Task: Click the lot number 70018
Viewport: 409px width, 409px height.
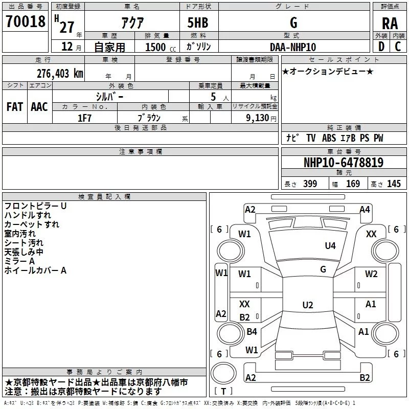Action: [25, 21]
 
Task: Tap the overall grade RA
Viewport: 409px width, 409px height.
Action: [390, 24]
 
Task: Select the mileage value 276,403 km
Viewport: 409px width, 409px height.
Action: [60, 74]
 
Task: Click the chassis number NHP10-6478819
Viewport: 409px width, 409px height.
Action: [344, 163]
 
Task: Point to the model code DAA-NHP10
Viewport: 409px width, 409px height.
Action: [293, 47]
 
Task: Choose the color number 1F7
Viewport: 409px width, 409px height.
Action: [84, 118]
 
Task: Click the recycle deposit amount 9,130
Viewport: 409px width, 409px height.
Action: [258, 118]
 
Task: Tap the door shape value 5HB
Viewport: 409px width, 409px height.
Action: [198, 22]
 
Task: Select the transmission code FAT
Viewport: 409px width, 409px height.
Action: [15, 107]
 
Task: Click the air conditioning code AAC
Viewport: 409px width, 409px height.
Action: [39, 107]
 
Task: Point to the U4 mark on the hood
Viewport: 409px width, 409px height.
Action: [330, 246]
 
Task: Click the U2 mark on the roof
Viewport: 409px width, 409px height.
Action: [308, 305]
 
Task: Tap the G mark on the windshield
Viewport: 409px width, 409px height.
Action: [323, 269]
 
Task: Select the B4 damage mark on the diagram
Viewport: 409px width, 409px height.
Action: [252, 332]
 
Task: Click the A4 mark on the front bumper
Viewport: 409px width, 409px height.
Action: [365, 210]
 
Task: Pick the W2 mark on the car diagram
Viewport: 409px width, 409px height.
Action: [371, 274]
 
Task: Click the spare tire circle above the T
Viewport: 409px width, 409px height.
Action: [223, 373]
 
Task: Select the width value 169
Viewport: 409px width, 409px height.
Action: [353, 184]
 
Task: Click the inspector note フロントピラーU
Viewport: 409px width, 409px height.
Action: [35, 206]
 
